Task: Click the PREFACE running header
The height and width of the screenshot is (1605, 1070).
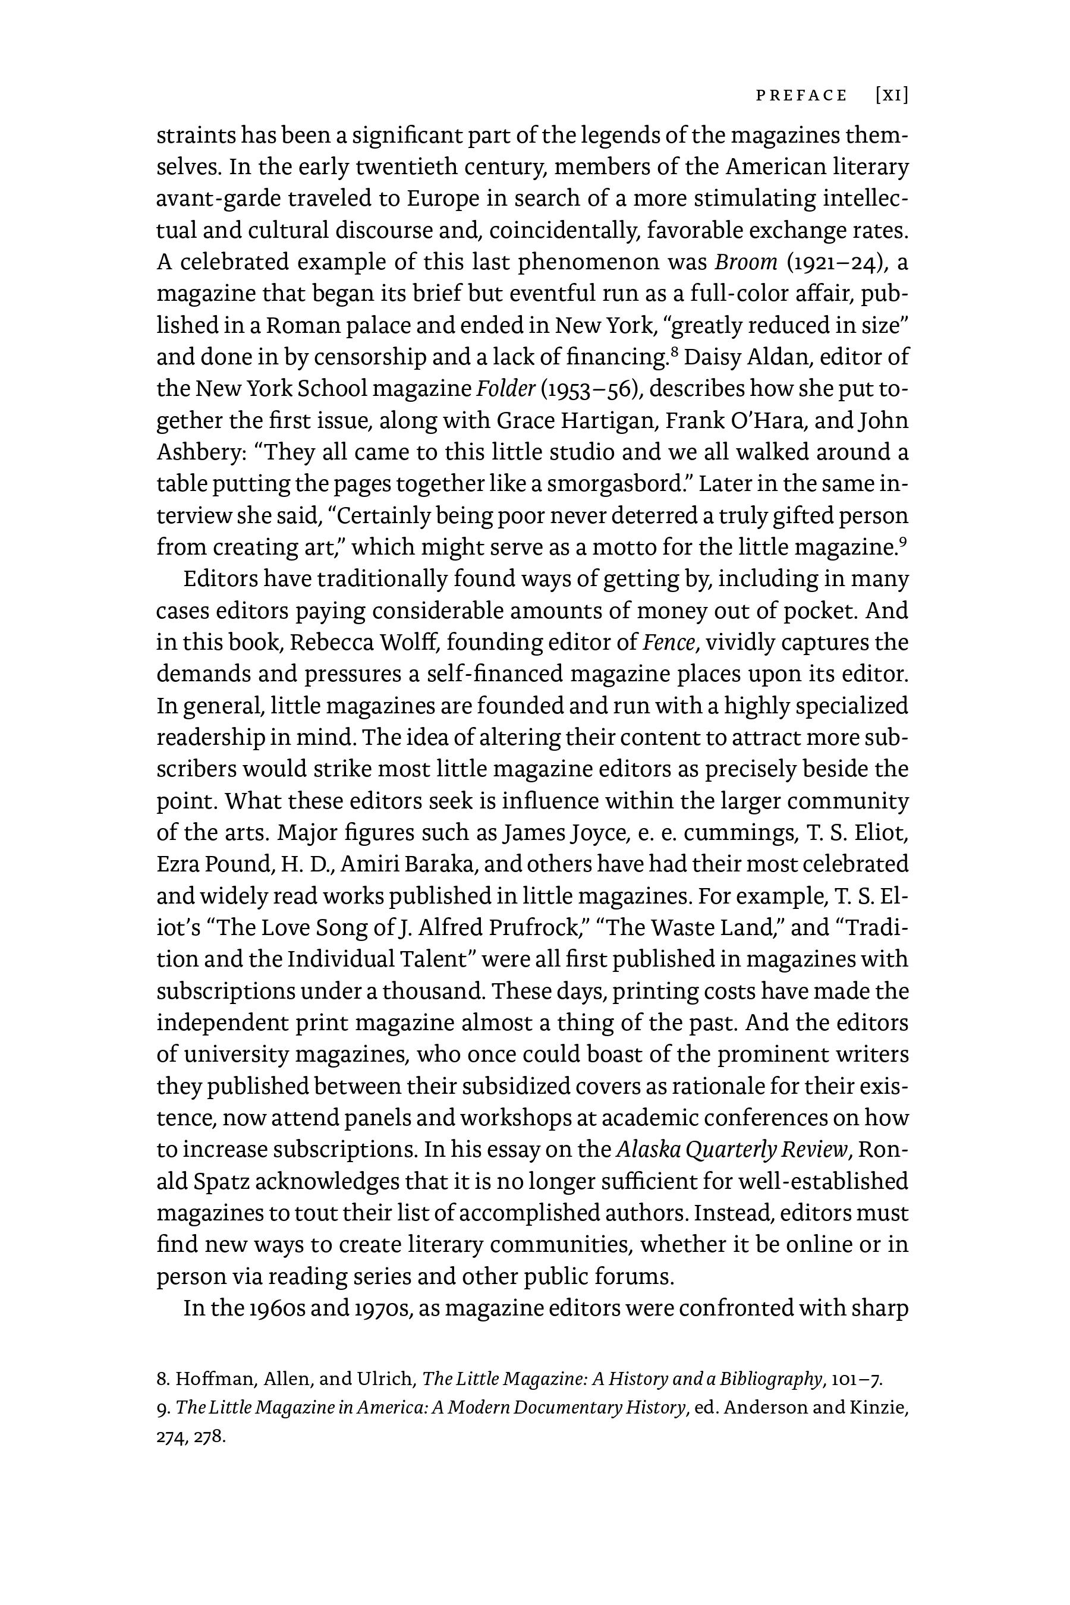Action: click(x=801, y=96)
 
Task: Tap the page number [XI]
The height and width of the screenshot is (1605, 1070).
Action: click(x=891, y=96)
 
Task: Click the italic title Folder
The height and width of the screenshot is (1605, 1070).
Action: click(x=505, y=389)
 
